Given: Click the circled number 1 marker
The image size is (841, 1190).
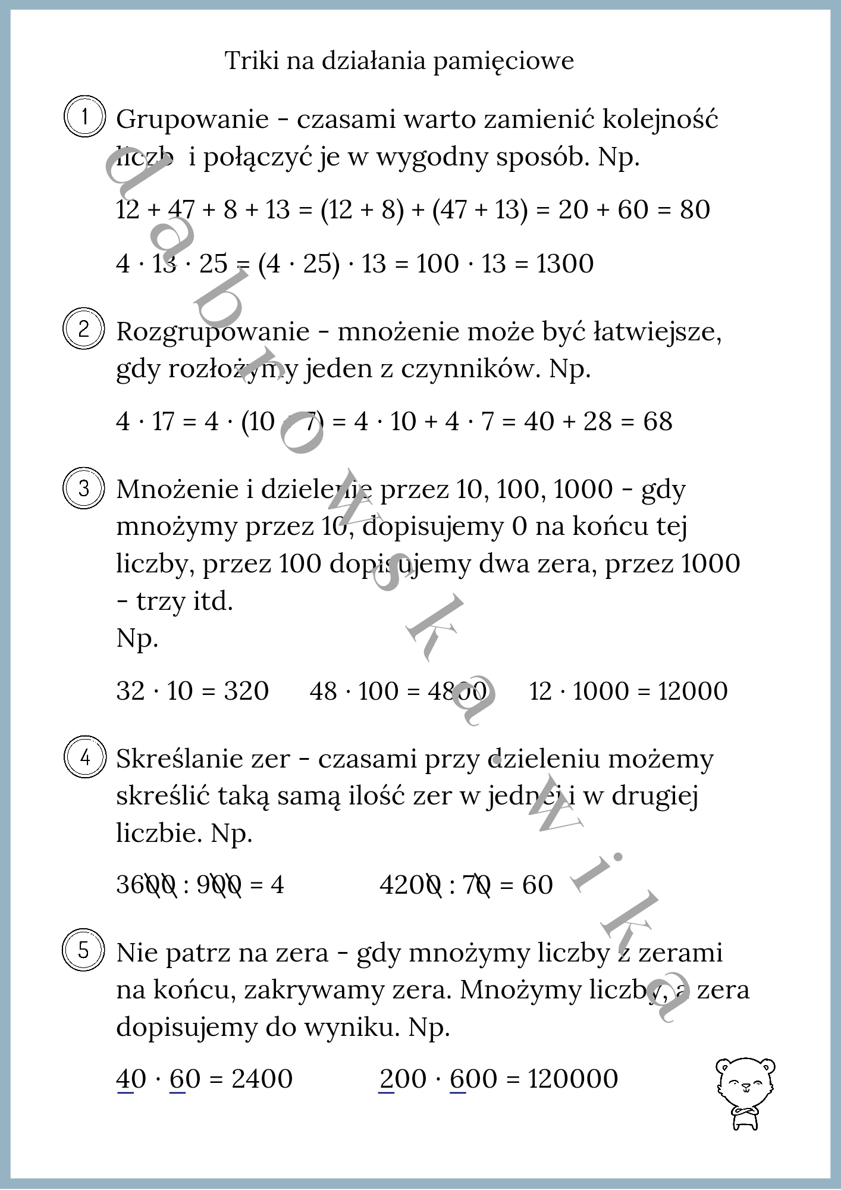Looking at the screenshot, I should coord(84,117).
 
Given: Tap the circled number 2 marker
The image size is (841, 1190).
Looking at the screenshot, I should coord(83,329).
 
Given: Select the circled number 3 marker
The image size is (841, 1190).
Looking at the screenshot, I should coord(83,488).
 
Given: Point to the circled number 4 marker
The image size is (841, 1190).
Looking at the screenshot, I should coord(84,758).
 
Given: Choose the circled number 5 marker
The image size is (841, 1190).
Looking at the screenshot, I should coord(83,951).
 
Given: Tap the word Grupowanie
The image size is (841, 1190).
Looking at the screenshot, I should coord(193,120).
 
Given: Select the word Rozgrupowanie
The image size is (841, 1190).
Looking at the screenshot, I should coord(213,332).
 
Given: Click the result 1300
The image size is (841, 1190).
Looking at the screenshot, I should coord(565,264).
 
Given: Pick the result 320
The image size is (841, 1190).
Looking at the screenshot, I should coord(246,691).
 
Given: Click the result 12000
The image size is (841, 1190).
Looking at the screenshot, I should coord(693,691).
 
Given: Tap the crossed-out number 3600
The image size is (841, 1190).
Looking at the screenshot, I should coord(146,885).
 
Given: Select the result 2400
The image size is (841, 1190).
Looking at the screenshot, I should coord(262,1079).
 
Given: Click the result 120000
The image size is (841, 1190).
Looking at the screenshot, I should coord(573,1079).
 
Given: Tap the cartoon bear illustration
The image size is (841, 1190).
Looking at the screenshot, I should coord(745,1093).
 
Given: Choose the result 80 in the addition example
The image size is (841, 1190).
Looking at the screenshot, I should coord(695,210).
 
